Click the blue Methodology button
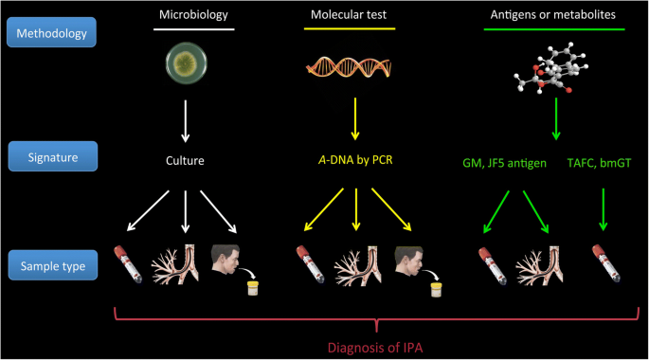coord(52,32)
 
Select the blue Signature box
coord(53,156)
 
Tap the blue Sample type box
coord(53,265)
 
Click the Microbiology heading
coord(193,15)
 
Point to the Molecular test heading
coord(349,15)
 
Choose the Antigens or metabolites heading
coord(553,15)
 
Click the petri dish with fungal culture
coord(187,63)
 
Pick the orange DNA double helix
coord(349,67)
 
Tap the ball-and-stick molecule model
coord(550,68)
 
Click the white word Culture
coord(185,160)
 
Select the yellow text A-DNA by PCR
coord(355,160)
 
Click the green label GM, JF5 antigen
coord(504,163)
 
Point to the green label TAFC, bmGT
coord(599,163)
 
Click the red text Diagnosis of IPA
coord(375,348)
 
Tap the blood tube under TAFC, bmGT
coord(605,263)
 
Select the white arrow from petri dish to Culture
coord(186,121)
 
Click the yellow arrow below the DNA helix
coord(355,118)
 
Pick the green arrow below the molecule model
coord(556,118)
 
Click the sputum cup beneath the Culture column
coord(253,288)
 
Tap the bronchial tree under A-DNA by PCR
coord(358,265)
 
